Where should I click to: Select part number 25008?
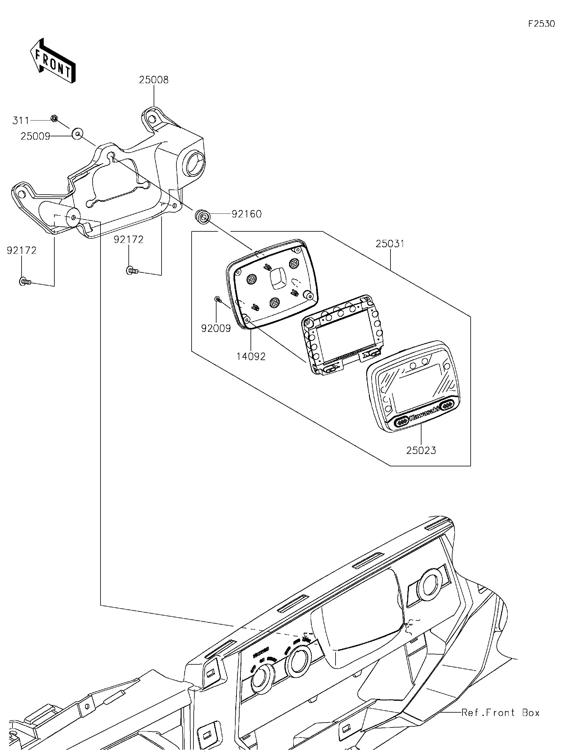(154, 80)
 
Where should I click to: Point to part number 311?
(21, 121)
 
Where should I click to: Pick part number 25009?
(35, 137)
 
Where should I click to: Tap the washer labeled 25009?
(77, 133)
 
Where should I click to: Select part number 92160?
(247, 214)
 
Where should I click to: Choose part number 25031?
(390, 244)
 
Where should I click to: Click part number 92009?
(216, 328)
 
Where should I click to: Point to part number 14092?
(251, 356)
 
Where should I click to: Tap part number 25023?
(421, 450)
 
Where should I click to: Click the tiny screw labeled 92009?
(217, 298)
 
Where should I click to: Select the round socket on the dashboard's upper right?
(432, 583)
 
